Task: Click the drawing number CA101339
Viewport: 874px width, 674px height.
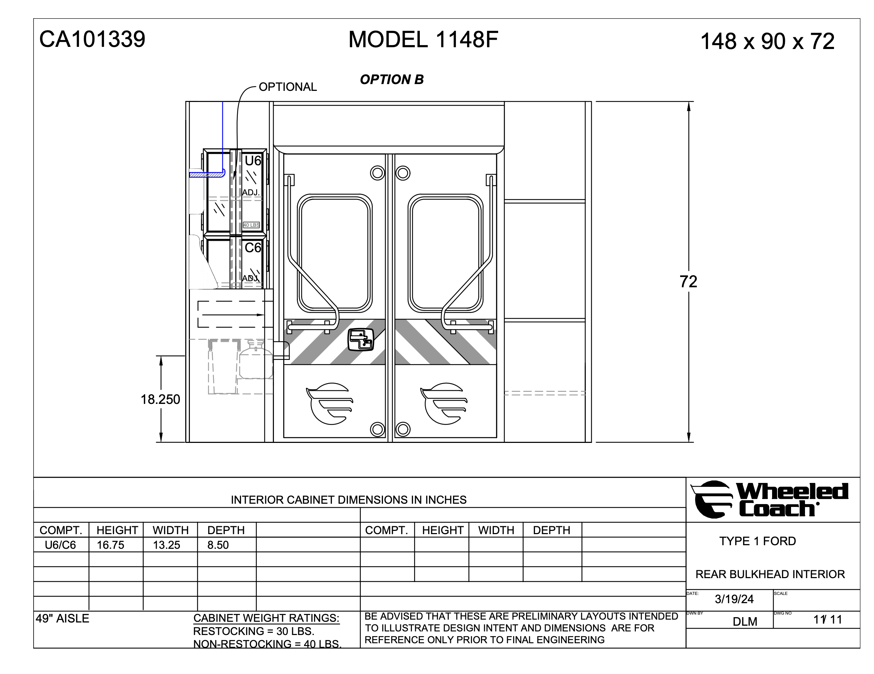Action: (x=92, y=39)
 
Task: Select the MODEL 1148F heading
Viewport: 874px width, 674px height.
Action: (x=423, y=40)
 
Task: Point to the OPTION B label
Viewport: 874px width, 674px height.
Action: (x=392, y=80)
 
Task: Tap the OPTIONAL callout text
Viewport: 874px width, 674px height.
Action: (x=288, y=87)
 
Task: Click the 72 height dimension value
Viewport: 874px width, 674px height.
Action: (x=688, y=282)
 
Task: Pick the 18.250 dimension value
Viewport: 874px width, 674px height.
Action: (x=160, y=400)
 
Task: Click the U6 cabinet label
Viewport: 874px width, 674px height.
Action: (x=253, y=161)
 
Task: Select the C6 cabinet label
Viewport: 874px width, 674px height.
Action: (x=253, y=248)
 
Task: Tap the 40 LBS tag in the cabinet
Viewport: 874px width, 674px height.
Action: (x=251, y=225)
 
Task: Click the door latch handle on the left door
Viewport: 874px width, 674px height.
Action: (x=361, y=340)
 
